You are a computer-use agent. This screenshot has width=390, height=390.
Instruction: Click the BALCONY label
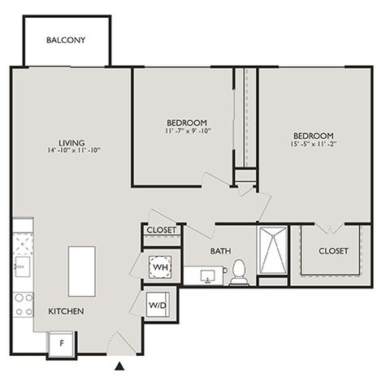[x=66, y=40]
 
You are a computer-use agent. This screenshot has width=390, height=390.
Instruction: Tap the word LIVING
[x=71, y=143]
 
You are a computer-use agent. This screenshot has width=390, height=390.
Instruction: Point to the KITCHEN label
[x=66, y=311]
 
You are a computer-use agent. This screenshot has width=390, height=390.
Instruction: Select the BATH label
[x=221, y=251]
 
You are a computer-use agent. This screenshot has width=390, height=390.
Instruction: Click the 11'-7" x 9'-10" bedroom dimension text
[x=188, y=131]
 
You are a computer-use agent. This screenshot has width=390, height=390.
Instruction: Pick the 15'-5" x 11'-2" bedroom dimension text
[x=314, y=144]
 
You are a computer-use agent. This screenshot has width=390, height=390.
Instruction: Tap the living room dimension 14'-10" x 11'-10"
[x=74, y=150]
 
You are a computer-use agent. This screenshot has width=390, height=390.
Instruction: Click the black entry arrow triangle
[x=119, y=366]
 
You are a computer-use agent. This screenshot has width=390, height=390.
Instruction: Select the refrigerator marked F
[x=62, y=344]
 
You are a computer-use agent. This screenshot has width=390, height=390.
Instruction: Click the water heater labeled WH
[x=160, y=267]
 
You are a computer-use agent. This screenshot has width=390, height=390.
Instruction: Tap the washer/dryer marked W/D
[x=158, y=305]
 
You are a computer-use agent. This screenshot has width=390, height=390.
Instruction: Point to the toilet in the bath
[x=239, y=272]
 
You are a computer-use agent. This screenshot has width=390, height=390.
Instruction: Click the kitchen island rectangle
[x=82, y=271]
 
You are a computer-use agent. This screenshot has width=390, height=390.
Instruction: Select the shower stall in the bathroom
[x=273, y=250]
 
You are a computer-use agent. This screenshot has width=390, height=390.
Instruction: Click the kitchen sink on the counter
[x=23, y=266]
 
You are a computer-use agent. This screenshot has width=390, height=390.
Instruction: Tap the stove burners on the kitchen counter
[x=24, y=305]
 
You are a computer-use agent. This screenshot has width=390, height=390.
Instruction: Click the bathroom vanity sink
[x=207, y=276]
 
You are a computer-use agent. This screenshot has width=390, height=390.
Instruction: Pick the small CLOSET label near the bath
[x=162, y=230]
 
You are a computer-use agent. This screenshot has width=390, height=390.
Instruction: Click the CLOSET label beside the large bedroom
[x=333, y=251]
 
